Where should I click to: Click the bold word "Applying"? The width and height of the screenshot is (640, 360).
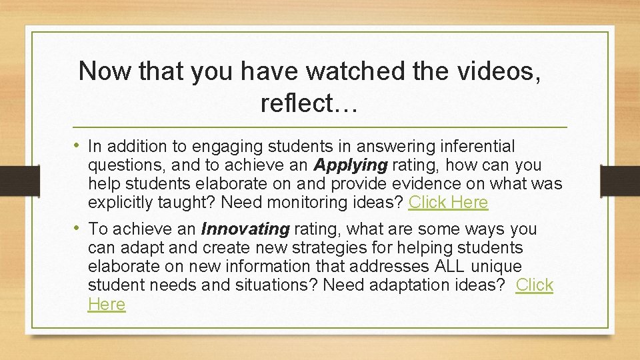pos(351,165)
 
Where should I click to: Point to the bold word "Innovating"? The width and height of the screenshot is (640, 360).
pos(245,229)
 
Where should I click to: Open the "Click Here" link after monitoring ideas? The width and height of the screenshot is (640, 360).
pos(448,202)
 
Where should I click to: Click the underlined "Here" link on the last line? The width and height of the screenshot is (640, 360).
pos(107,304)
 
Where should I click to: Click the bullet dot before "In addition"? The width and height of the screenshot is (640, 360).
pos(78,146)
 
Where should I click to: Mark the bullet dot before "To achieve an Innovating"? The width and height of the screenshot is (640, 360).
pos(78,229)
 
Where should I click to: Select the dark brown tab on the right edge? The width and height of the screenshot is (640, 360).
pos(621,180)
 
